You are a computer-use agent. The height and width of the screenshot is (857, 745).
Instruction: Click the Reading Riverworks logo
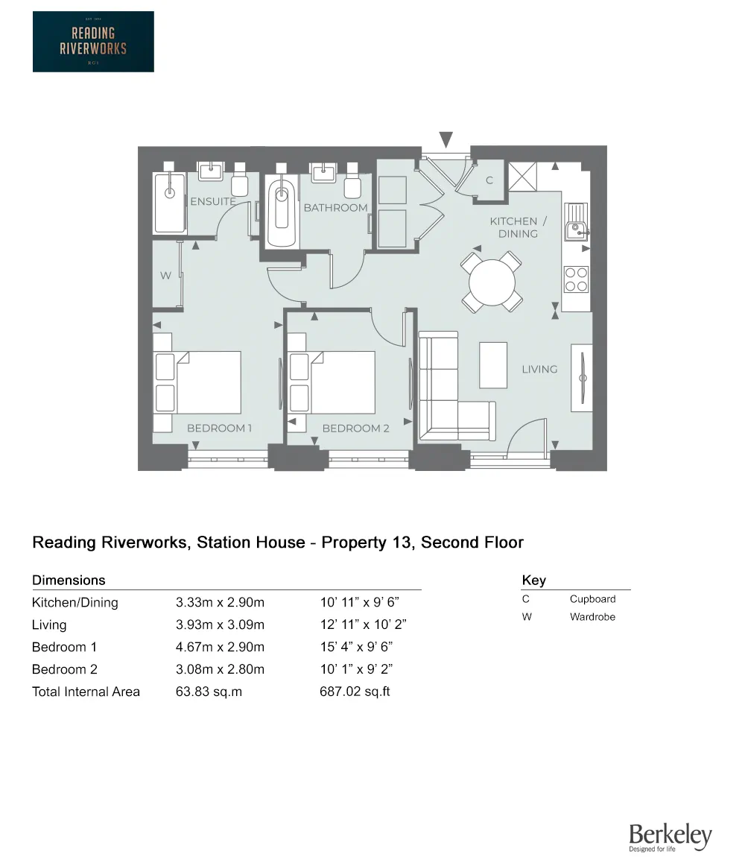click(93, 42)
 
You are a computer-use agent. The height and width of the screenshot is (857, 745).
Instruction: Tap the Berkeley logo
click(670, 837)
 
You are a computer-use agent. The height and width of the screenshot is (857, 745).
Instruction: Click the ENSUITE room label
click(212, 201)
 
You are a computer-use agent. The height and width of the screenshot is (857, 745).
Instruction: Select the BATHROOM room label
click(335, 208)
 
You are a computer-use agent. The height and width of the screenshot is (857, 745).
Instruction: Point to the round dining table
click(492, 282)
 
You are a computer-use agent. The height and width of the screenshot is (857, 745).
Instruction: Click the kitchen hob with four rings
click(576, 279)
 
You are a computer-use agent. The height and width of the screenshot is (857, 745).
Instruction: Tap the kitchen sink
click(576, 222)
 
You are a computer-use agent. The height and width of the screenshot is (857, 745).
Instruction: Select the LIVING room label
click(539, 369)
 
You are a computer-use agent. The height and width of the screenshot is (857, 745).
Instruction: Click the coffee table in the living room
click(493, 364)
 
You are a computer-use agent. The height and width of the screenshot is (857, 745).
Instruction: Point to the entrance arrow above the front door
click(446, 139)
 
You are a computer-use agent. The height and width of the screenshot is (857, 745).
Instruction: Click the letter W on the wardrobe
click(165, 276)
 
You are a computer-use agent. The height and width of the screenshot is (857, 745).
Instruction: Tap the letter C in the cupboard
click(489, 180)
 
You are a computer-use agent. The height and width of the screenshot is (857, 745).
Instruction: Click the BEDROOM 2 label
click(355, 428)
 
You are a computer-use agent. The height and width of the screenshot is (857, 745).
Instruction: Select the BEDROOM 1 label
click(219, 428)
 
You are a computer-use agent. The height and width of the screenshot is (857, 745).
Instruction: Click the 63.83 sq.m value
click(209, 692)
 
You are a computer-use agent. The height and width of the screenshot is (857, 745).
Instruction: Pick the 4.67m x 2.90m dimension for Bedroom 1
click(220, 647)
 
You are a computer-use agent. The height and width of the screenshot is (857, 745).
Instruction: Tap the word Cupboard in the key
click(592, 599)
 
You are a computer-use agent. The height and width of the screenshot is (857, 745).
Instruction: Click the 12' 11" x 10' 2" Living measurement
click(363, 624)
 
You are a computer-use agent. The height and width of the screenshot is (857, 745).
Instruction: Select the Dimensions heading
click(69, 581)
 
